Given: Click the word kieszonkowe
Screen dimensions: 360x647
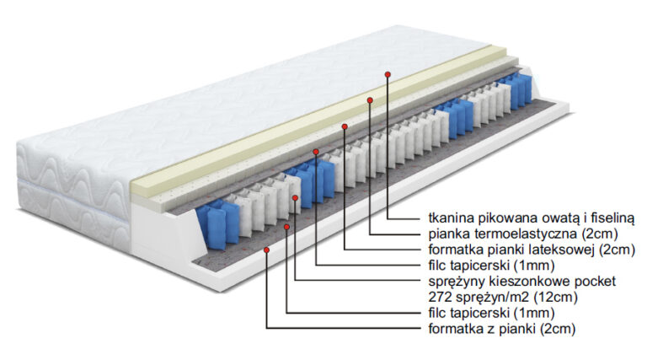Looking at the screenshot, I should pyautogui.click(x=527, y=281).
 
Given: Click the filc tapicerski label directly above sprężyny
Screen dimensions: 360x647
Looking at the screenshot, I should pyautogui.click(x=481, y=265).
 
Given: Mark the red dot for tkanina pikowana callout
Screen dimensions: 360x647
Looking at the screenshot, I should pyautogui.click(x=388, y=74).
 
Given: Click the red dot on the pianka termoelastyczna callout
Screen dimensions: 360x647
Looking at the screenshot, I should pyautogui.click(x=370, y=99).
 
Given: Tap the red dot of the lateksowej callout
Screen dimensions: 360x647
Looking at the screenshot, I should pyautogui.click(x=345, y=126).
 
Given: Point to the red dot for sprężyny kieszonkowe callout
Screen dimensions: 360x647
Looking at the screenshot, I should pyautogui.click(x=296, y=199).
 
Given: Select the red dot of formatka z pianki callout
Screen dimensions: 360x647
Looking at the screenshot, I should pyautogui.click(x=267, y=250).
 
